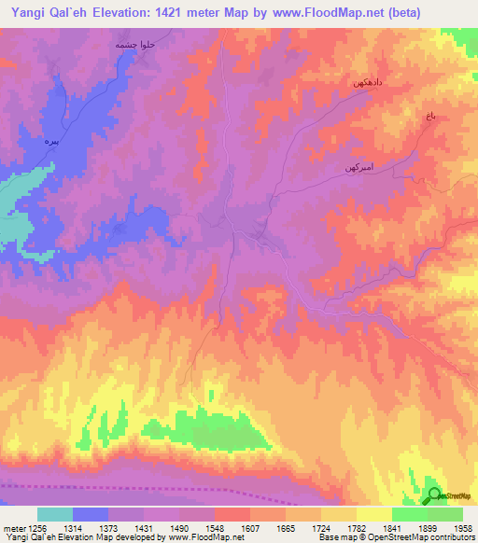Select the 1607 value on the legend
pyautogui.click(x=250, y=527)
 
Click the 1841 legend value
pyautogui.click(x=393, y=527)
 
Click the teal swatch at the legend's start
pyautogui.click(x=55, y=514)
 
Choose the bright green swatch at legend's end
pyautogui.click(x=445, y=514)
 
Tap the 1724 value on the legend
pyautogui.click(x=322, y=527)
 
